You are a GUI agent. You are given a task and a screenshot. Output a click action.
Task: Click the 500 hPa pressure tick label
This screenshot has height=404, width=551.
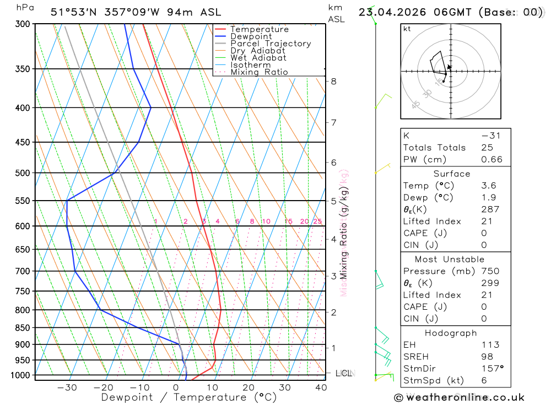pyautogui.click(x=23, y=173)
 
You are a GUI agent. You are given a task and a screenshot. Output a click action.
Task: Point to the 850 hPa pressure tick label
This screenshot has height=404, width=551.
pyautogui.click(x=23, y=328)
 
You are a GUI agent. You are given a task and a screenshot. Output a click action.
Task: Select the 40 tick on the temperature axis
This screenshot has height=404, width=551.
pyautogui.click(x=321, y=387)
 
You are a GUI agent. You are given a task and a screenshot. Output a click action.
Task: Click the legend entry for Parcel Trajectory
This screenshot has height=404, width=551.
pyautogui.click(x=270, y=44)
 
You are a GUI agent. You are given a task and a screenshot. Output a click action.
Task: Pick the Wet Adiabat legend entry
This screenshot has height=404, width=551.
pyautogui.click(x=258, y=58)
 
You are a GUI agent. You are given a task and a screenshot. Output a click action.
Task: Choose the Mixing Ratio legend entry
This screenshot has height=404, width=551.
pyautogui.click(x=259, y=72)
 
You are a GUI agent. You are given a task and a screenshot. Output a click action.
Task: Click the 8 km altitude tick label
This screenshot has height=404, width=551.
pyautogui.click(x=333, y=82)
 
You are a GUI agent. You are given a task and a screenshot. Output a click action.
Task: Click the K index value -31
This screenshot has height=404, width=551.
pyautogui.click(x=490, y=136)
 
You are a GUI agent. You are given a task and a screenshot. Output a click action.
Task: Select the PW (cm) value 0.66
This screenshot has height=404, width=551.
pyautogui.click(x=491, y=160)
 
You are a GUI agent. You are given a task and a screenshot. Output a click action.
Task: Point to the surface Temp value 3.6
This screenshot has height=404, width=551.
pyautogui.click(x=488, y=186)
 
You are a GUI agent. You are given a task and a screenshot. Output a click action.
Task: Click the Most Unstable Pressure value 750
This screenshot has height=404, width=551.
pyautogui.click(x=490, y=271)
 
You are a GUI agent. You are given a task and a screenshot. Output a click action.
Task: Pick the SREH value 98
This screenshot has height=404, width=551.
pyautogui.click(x=487, y=357)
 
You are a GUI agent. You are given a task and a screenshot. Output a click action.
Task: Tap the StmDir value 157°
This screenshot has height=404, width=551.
pyautogui.click(x=491, y=369)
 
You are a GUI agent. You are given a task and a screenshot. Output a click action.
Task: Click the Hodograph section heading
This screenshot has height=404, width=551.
pyautogui.click(x=451, y=333)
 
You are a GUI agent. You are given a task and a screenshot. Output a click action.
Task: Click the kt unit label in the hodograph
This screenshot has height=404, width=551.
pyautogui.click(x=407, y=29)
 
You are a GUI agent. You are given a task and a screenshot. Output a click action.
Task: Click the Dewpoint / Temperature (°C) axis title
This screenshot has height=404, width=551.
pyautogui.click(x=189, y=397)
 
